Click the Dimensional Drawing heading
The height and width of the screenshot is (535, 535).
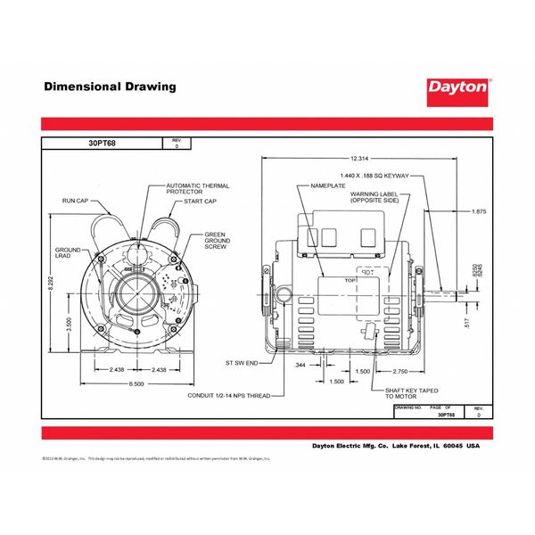pyautogui.click(x=111, y=87)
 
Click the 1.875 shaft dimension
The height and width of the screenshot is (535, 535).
pyautogui.click(x=478, y=211)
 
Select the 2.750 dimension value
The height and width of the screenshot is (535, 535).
pyautogui.click(x=399, y=370)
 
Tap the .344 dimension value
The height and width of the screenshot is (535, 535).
pyautogui.click(x=300, y=365)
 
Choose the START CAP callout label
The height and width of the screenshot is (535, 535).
pyautogui.click(x=201, y=202)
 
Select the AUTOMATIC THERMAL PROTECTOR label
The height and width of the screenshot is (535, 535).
pyautogui.click(x=197, y=189)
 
